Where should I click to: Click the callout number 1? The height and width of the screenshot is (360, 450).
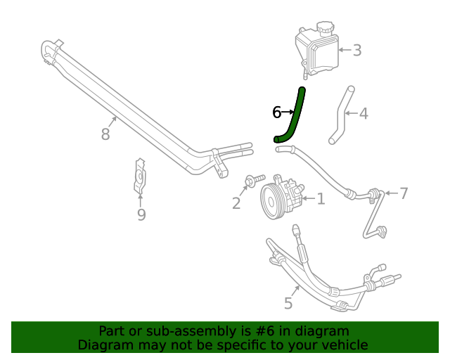[x=321, y=200]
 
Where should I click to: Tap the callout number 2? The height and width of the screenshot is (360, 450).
[x=236, y=203]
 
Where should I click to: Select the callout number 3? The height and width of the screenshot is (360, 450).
[x=357, y=50]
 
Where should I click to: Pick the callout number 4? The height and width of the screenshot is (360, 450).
[x=364, y=113]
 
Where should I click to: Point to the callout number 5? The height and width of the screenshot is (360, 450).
[x=288, y=303]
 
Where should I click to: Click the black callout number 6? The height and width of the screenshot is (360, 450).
[x=277, y=112]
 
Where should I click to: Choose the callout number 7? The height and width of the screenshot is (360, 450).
[x=404, y=193]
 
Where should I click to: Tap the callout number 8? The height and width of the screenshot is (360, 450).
[x=105, y=134]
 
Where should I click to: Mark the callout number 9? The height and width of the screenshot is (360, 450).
[x=141, y=214]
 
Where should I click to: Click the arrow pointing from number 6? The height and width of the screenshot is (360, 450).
[x=288, y=112]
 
